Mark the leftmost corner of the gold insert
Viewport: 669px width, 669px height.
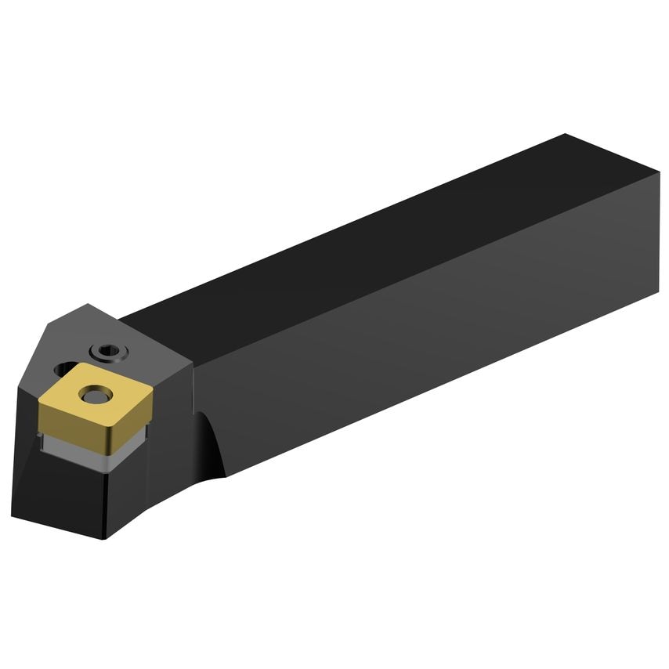[38, 400]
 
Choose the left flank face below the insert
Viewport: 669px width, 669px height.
[55, 486]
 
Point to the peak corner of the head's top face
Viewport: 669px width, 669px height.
[88, 305]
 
